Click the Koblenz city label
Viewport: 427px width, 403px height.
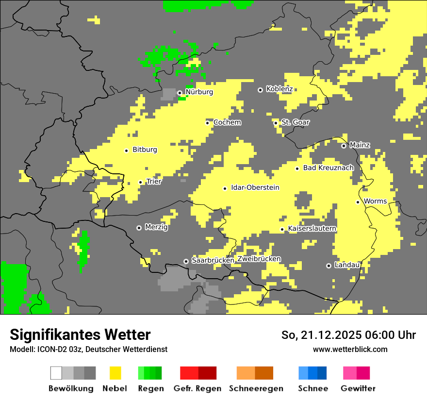pos(279,89)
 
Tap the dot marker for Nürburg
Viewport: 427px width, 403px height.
pos(180,92)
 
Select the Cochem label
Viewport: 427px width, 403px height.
pos(227,122)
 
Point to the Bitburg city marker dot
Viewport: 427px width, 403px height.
pos(126,151)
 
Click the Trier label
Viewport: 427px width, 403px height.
pos(154,182)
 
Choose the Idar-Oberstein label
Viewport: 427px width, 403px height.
pos(255,187)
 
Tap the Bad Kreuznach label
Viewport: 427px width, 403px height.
pos(328,168)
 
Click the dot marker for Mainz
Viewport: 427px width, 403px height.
pos(344,146)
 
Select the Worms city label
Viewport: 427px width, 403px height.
pos(375,201)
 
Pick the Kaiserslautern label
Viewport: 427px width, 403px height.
pos(312,228)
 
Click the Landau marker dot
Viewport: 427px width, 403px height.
pos(328,266)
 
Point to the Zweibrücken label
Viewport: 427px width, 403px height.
pos(259,259)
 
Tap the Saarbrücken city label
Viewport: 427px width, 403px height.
pos(213,260)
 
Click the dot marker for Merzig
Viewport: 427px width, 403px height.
pos(139,228)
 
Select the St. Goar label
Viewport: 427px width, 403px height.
pos(295,122)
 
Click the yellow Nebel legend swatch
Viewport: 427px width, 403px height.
pos(115,373)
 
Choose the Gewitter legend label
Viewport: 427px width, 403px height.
pos(358,388)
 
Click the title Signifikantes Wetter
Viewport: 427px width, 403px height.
pos(80,335)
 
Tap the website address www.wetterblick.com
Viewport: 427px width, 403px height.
pos(350,349)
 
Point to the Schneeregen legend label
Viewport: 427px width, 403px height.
pos(256,388)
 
